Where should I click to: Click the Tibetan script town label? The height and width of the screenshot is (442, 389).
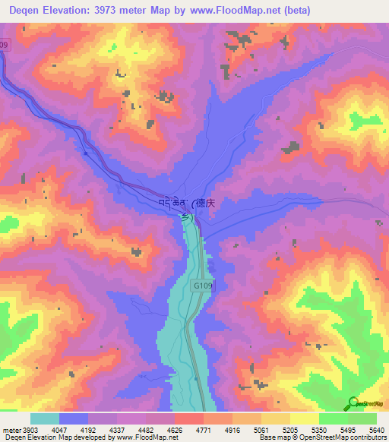[172, 204]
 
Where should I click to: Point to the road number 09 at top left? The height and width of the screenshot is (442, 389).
[5, 46]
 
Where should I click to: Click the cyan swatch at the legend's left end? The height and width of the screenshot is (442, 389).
[44, 419]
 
